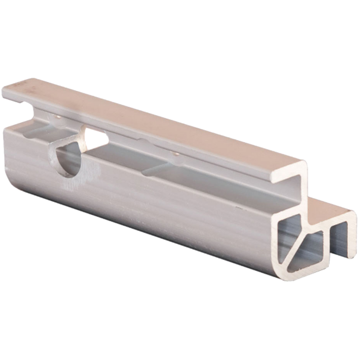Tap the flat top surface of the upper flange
pyautogui.click(x=157, y=117)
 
